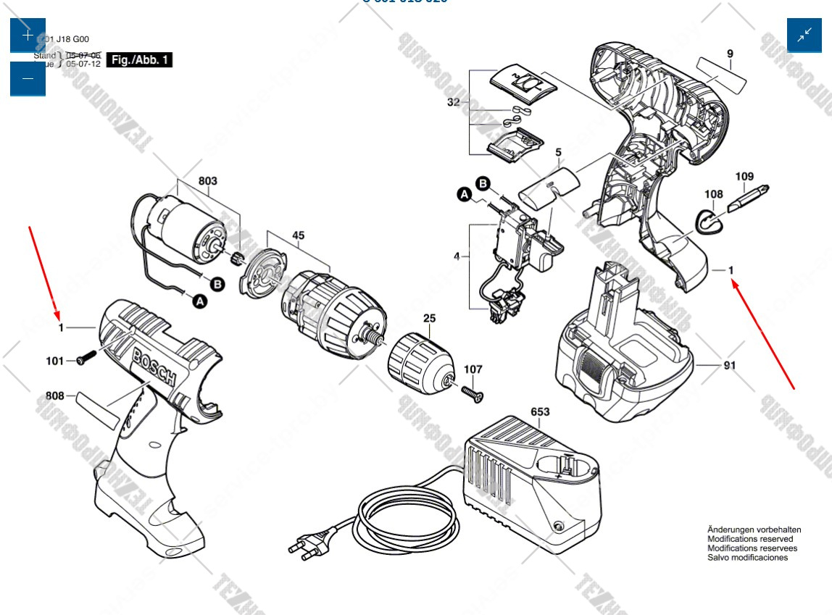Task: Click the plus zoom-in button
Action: point(28,35)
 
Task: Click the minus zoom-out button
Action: point(28,79)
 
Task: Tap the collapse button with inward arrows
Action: point(804,35)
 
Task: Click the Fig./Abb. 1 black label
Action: point(140,60)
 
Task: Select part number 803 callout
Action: point(207,180)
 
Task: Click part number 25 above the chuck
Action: point(429,318)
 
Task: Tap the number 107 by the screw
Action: point(473,369)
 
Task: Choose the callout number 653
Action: point(540,412)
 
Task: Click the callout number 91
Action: point(729,365)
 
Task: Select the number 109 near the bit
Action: point(744,176)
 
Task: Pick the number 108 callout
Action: point(714,194)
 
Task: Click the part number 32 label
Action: point(453,102)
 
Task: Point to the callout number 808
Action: point(55,396)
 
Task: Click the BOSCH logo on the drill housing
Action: point(154,367)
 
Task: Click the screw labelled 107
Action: point(471,392)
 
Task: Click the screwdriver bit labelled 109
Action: point(742,198)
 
